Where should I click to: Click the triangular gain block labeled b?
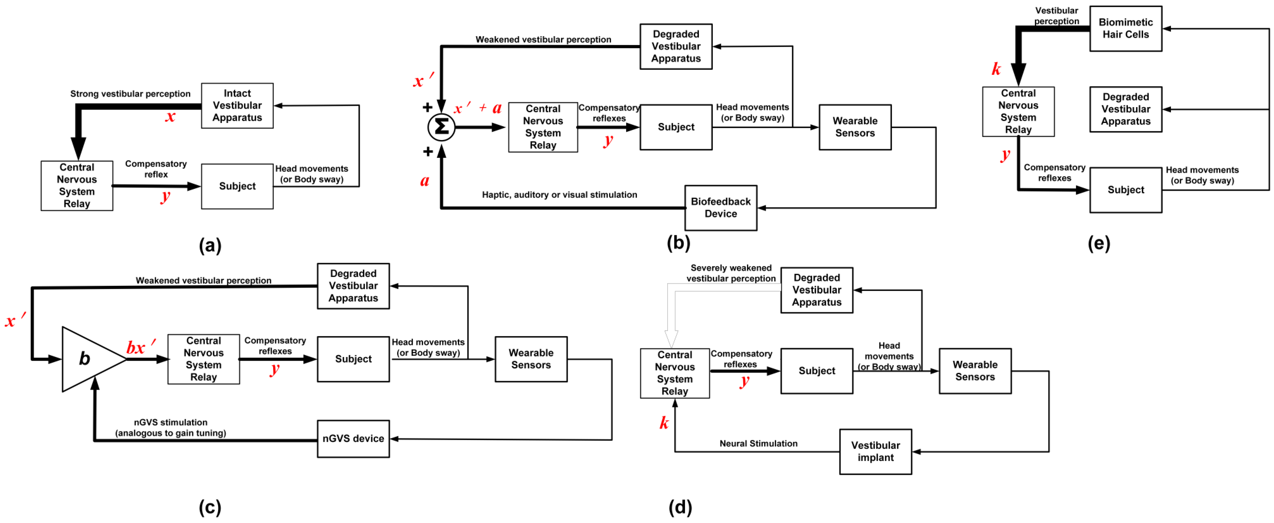(89, 359)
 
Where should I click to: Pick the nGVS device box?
(353, 438)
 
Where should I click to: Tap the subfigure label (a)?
(210, 245)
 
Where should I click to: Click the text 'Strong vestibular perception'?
(130, 93)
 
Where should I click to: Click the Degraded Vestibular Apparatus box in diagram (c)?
(353, 286)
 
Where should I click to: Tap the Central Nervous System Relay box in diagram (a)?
(77, 185)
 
